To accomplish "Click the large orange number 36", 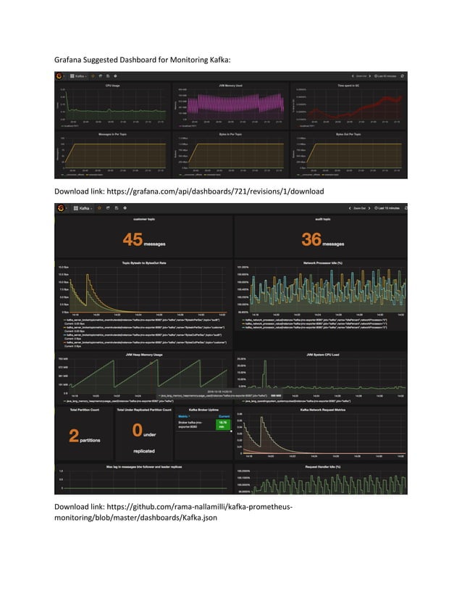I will [311, 239].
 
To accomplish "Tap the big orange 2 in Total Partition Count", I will [74, 436].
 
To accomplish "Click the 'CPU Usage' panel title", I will [113, 86].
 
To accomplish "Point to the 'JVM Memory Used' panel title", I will [231, 86].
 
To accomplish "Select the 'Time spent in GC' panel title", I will [349, 86].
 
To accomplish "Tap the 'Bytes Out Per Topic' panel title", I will [349, 134].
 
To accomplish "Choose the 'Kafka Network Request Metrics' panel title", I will [319, 410].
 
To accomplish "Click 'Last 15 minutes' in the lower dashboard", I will [388, 208].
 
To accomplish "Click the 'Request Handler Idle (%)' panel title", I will [319, 466].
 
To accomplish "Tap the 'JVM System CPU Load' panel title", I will [319, 354].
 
